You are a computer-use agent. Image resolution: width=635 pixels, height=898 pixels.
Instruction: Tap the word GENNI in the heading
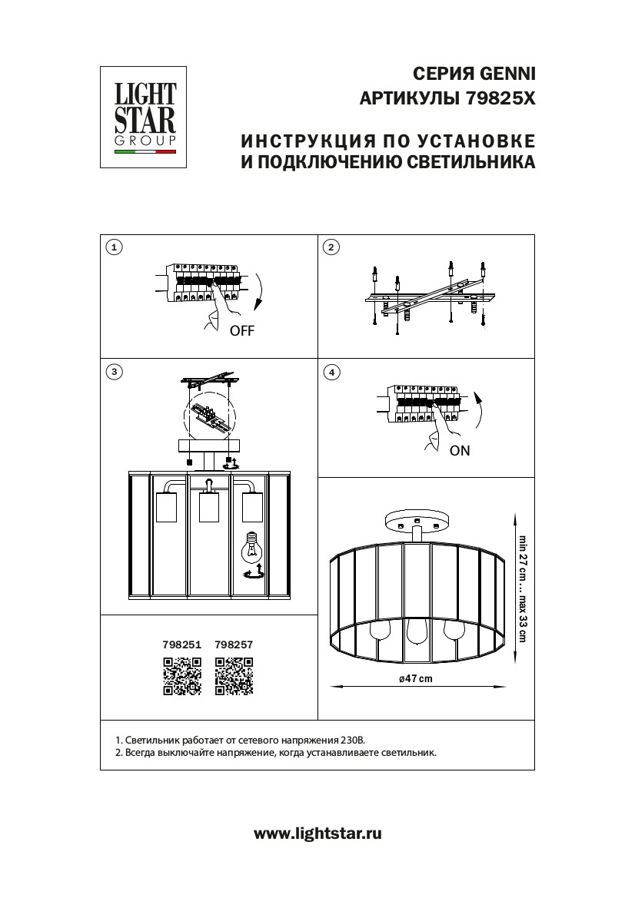(507, 74)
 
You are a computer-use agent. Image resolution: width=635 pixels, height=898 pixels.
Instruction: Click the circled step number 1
(114, 247)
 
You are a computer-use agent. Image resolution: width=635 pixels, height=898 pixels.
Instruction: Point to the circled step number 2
(331, 247)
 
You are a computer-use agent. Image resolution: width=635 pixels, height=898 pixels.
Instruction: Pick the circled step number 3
(114, 372)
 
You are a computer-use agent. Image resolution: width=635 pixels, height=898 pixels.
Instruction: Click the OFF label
(241, 332)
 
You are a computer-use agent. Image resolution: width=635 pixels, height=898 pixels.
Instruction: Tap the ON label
(460, 451)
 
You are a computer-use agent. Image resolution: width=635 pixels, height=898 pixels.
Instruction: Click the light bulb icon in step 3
(251, 547)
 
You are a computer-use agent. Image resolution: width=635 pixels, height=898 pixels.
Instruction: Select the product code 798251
(182, 646)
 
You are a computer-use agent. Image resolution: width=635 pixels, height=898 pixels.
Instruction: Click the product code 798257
(234, 646)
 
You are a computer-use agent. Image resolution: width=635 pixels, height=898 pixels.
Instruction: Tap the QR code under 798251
(182, 677)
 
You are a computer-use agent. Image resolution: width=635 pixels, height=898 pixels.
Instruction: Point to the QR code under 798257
(234, 677)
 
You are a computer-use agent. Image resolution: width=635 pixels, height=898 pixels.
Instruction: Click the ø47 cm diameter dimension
(416, 678)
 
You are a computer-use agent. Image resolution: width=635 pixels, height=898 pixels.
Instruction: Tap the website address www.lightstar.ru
(317, 833)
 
